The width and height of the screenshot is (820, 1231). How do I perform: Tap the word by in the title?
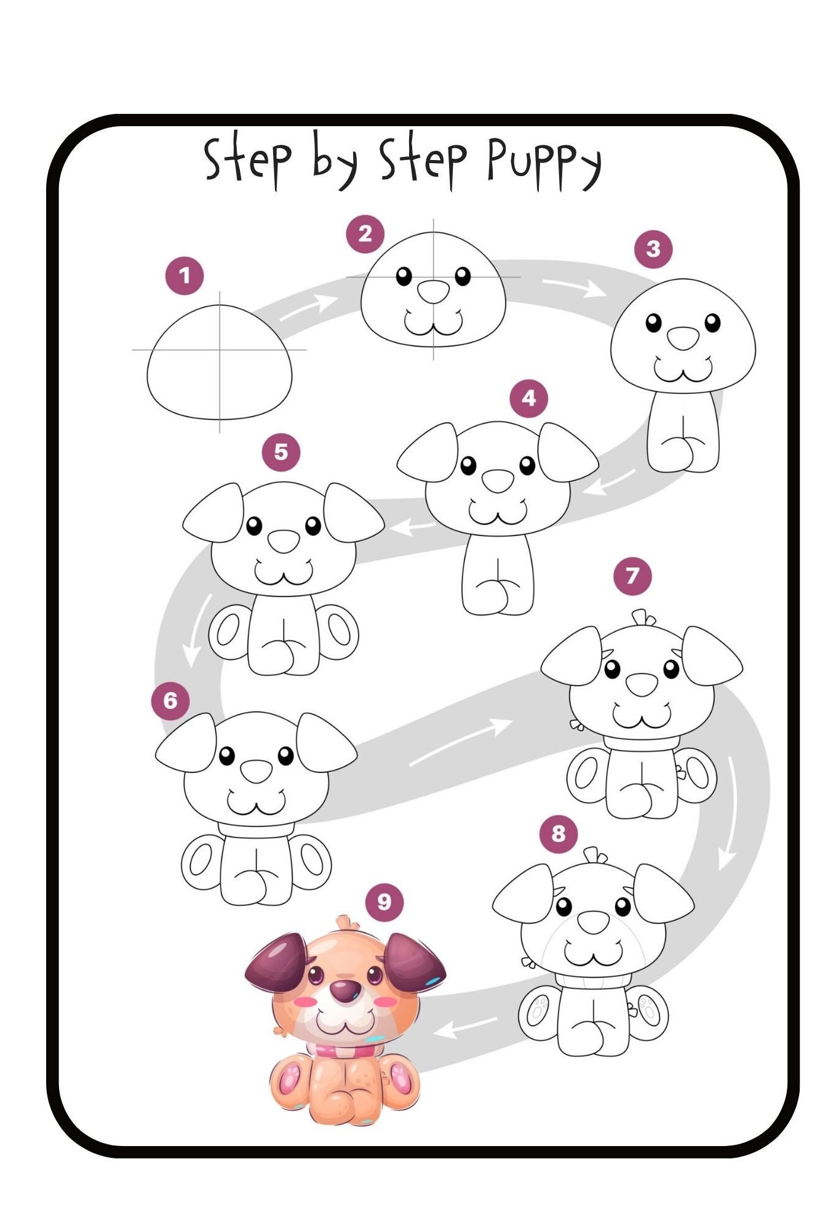click(335, 161)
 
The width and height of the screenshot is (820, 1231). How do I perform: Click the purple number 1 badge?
click(185, 276)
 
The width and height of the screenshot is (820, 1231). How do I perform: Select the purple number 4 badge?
click(529, 398)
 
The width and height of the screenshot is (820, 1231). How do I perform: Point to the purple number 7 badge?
click(632, 576)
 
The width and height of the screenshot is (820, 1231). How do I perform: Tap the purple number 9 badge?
click(384, 902)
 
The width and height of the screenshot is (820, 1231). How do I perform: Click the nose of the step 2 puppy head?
click(434, 291)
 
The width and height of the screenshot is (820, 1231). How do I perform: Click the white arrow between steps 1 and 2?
click(310, 307)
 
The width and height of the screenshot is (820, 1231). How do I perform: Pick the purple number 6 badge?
click(170, 700)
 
